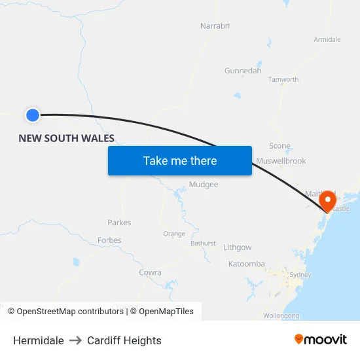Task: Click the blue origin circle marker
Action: pos(33,115)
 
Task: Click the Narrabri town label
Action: pos(215,26)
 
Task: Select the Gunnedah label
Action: pos(243,71)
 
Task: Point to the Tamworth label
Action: pos(283,80)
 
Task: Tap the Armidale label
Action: pos(327,40)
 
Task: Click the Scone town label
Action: pos(279,146)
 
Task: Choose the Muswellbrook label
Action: pos(281,161)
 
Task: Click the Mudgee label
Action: pos(204,185)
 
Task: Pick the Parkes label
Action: pos(119,223)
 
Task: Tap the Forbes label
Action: pos(109,240)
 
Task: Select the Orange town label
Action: pos(174,234)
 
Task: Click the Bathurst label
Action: pos(203,243)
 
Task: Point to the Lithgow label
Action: pos(237,247)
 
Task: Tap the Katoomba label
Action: pos(247,264)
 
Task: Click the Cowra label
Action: pos(150,272)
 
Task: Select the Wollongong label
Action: pos(281,315)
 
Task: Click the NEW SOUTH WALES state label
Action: pos(66,138)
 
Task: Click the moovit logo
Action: pos(321,340)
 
